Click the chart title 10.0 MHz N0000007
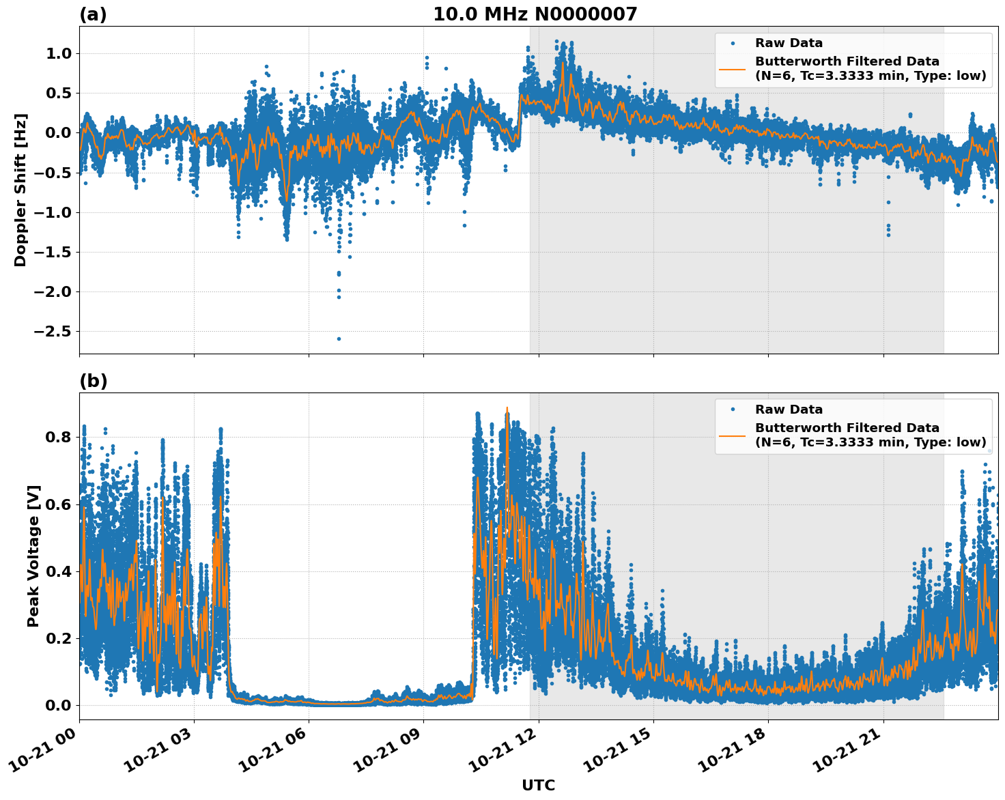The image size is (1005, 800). tap(535, 14)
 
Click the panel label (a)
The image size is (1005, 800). tap(93, 14)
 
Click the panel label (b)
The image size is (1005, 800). tap(93, 381)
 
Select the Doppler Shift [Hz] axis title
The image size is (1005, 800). tap(20, 190)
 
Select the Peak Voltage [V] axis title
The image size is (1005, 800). tap(33, 556)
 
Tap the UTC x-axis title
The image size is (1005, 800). tap(538, 785)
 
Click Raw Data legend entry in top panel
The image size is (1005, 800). tap(789, 43)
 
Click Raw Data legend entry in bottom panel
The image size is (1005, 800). tap(789, 410)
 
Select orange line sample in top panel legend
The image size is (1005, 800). tap(732, 69)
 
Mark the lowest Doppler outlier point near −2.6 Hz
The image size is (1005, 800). tap(339, 339)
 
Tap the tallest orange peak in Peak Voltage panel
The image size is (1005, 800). tap(507, 408)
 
